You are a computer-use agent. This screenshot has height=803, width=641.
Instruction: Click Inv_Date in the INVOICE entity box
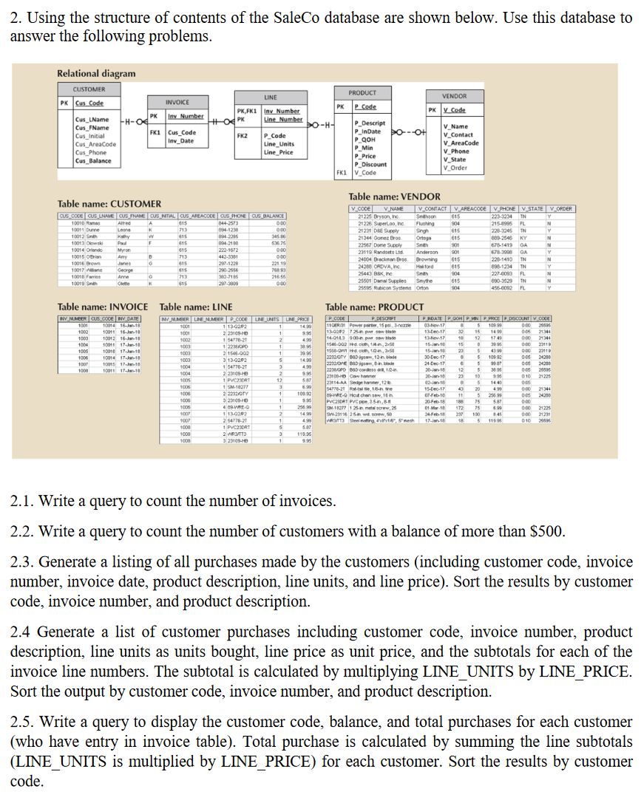click(x=182, y=140)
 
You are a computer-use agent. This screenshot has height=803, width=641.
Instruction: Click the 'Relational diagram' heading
click(x=96, y=73)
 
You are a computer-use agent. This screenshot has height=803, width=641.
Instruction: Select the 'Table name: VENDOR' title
click(x=394, y=197)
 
